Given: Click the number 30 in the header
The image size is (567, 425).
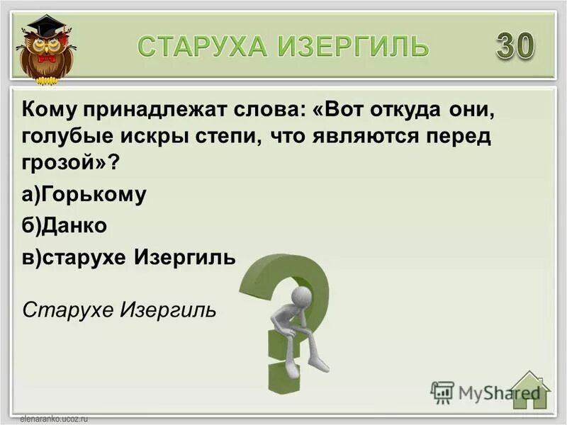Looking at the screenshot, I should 515,46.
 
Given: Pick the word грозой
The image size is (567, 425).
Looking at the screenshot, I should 63,163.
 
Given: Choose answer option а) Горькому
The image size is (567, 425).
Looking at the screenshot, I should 84,194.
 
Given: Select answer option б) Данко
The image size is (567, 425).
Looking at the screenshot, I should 64,225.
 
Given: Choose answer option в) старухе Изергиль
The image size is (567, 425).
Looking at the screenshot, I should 128,257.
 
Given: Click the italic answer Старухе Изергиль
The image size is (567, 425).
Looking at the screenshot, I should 119,310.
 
